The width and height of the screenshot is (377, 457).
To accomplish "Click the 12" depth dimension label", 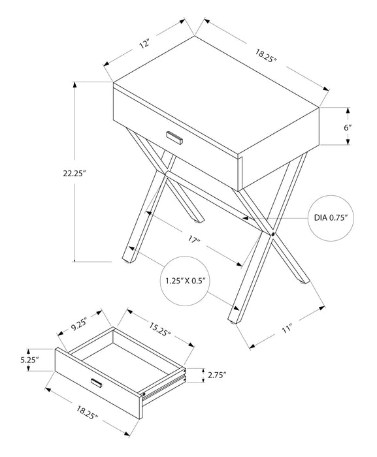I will pyautogui.click(x=144, y=45).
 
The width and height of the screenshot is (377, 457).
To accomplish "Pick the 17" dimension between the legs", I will pyautogui.click(x=194, y=241).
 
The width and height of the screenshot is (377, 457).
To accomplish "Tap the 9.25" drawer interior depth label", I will pyautogui.click(x=80, y=321).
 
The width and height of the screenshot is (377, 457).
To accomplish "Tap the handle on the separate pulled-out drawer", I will pyautogui.click(x=97, y=383).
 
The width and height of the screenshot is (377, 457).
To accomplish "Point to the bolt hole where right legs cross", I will pyautogui.click(x=272, y=233).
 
